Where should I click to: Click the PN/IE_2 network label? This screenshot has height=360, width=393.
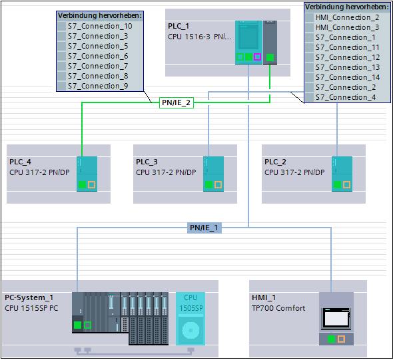click(x=177, y=102)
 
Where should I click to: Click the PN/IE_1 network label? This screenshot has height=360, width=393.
click(x=204, y=228)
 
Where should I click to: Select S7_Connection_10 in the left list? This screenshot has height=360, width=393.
click(x=100, y=26)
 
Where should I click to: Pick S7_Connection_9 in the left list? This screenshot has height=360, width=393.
click(x=98, y=86)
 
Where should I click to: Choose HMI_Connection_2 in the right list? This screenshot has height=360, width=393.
click(x=348, y=17)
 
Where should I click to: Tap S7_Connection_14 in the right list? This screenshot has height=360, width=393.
click(x=348, y=77)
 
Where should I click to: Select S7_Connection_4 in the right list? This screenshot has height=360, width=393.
click(x=346, y=97)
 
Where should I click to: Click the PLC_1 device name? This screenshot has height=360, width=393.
click(x=179, y=26)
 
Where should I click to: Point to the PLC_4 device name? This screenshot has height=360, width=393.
click(x=20, y=162)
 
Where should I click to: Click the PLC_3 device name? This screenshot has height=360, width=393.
click(x=147, y=162)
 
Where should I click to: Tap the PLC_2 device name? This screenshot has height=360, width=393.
click(x=275, y=162)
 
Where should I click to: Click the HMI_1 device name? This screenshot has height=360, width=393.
click(x=264, y=297)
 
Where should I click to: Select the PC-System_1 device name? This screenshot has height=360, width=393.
click(x=29, y=297)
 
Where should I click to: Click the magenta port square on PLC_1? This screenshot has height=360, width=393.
click(x=257, y=57)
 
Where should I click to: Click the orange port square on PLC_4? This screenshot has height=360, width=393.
click(x=91, y=185)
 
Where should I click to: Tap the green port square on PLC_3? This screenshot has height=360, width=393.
click(x=208, y=185)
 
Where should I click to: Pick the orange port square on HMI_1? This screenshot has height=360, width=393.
click(x=341, y=339)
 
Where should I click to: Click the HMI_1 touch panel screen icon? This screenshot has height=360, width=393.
click(x=336, y=319)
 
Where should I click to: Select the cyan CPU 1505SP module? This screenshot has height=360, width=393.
click(x=191, y=319)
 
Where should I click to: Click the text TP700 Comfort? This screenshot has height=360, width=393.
click(x=278, y=308)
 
